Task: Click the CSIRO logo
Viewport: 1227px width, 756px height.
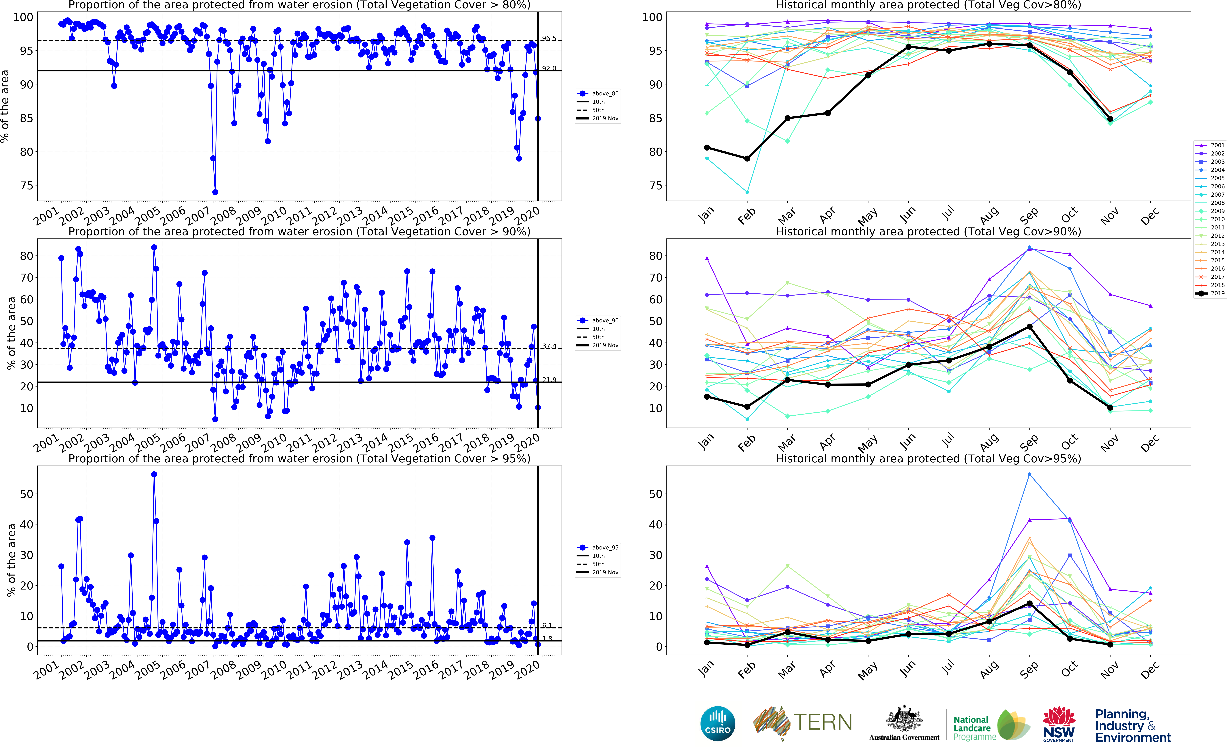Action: (718, 724)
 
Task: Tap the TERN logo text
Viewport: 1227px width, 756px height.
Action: (822, 722)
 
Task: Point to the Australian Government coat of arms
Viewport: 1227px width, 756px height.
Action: (904, 719)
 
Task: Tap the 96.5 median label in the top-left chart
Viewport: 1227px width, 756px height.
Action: (549, 38)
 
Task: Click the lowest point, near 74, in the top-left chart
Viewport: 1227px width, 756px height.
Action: (215, 192)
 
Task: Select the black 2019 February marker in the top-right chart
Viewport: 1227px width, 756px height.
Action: (747, 159)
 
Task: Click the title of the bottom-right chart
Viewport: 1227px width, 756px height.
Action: (928, 458)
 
